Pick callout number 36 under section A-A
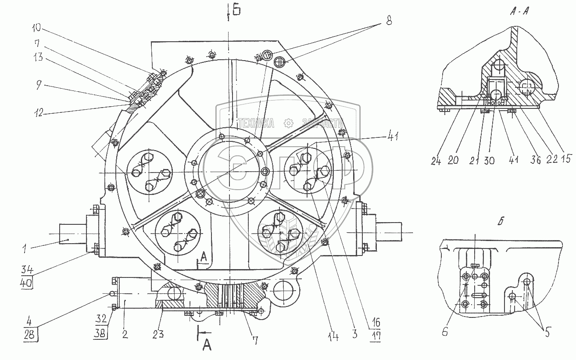click(x=534, y=161)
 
